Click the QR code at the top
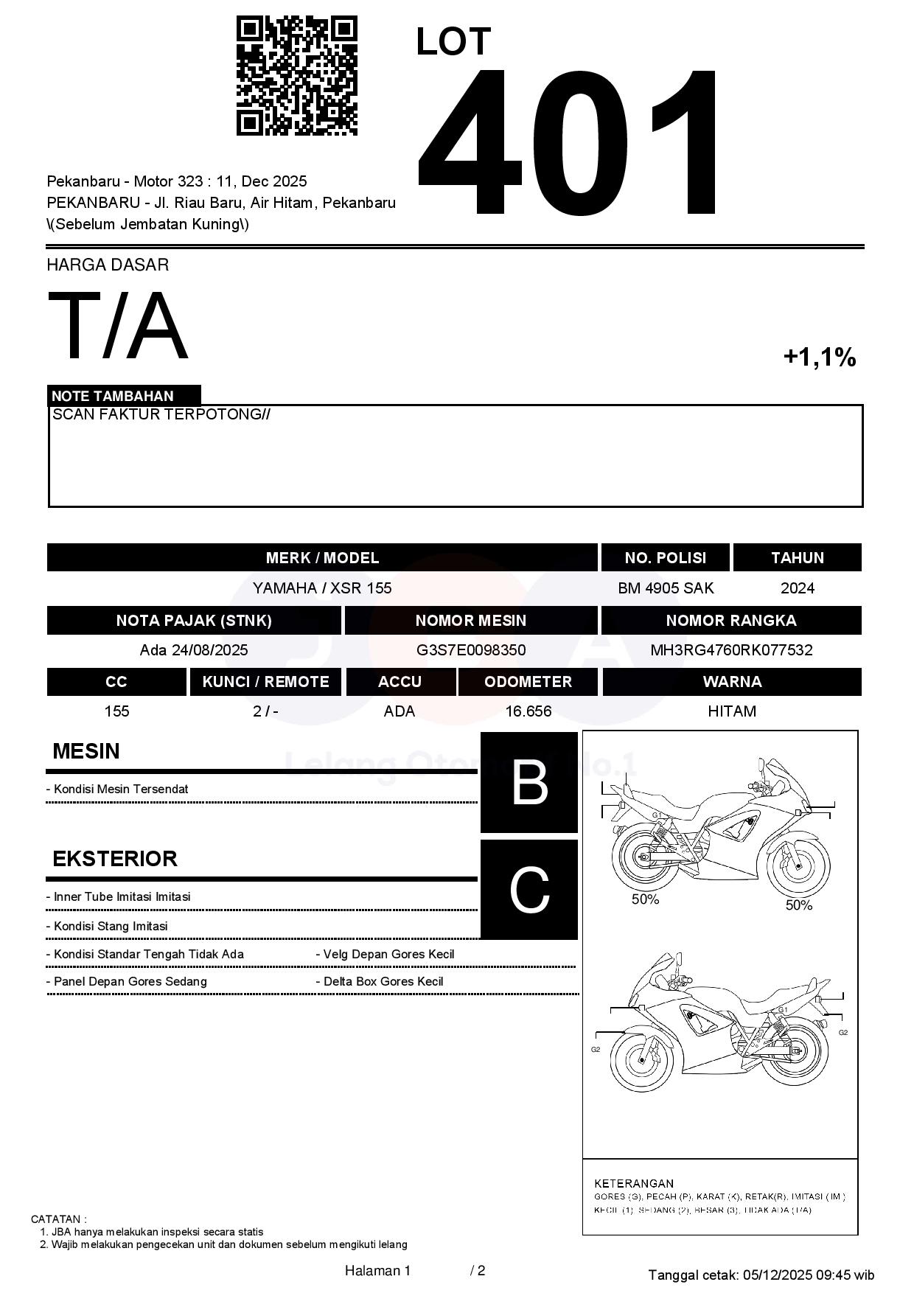coord(296,76)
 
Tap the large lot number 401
coord(568,144)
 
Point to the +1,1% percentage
coord(819,358)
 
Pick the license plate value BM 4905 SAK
coord(666,588)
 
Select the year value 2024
coord(797,588)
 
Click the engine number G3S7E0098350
coord(471,650)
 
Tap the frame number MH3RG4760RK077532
coord(731,650)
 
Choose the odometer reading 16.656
coord(528,711)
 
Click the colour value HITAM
coord(731,711)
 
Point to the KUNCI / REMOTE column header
coord(265,682)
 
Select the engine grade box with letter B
coord(529,782)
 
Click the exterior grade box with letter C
coord(529,890)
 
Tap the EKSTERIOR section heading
coord(115,859)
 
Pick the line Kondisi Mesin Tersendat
coord(121,790)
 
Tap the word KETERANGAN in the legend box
coord(633,1184)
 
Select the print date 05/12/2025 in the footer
coord(777,1275)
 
